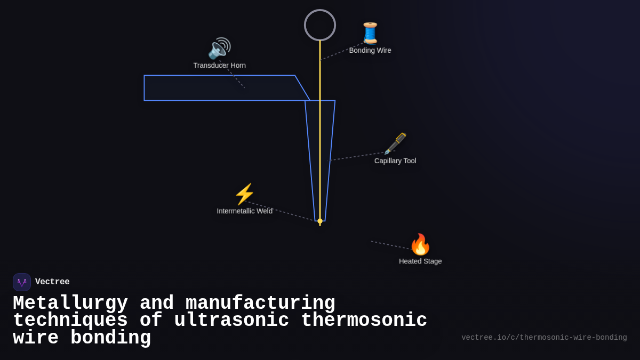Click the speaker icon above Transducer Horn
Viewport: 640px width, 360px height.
pos(219,49)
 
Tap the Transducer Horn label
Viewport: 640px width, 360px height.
pos(219,66)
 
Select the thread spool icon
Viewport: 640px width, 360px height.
pos(370,33)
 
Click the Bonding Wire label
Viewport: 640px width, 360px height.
pos(370,51)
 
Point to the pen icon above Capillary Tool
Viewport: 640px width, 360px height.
pos(395,143)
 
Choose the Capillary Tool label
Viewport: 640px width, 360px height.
pos(395,161)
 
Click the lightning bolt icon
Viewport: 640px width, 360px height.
pos(244,194)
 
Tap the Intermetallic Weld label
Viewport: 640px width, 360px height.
pos(244,211)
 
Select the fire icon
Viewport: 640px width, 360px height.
pos(420,245)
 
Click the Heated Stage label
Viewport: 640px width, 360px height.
pos(420,261)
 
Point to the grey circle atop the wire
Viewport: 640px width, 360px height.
pos(320,25)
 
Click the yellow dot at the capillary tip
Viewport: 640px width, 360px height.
pos(320,221)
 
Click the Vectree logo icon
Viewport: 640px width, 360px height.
pos(22,282)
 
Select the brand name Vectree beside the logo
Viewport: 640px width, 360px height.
pos(52,282)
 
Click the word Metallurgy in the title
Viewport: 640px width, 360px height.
pos(70,303)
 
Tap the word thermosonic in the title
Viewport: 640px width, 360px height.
pos(364,321)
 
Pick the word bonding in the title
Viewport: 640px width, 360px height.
pos(110,338)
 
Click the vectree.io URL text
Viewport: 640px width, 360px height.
pos(544,338)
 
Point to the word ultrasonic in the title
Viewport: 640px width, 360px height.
pos(231,321)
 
